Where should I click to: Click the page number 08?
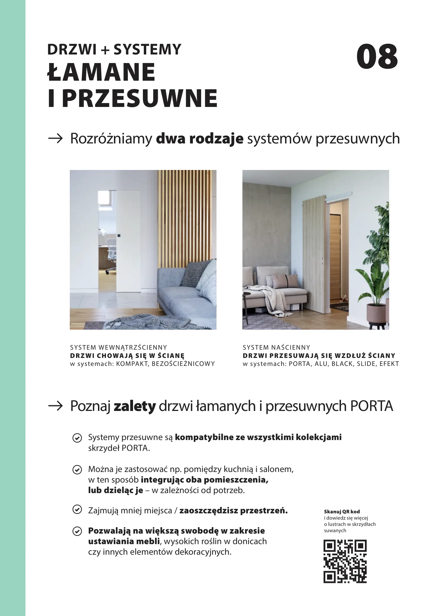click(x=377, y=56)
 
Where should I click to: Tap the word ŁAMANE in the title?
click(x=101, y=73)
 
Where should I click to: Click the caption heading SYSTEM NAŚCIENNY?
click(x=276, y=347)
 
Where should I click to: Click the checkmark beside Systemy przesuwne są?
click(x=76, y=438)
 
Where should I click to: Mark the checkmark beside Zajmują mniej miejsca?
click(x=76, y=510)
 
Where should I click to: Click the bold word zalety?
click(x=134, y=406)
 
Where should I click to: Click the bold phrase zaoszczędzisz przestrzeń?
click(x=233, y=510)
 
